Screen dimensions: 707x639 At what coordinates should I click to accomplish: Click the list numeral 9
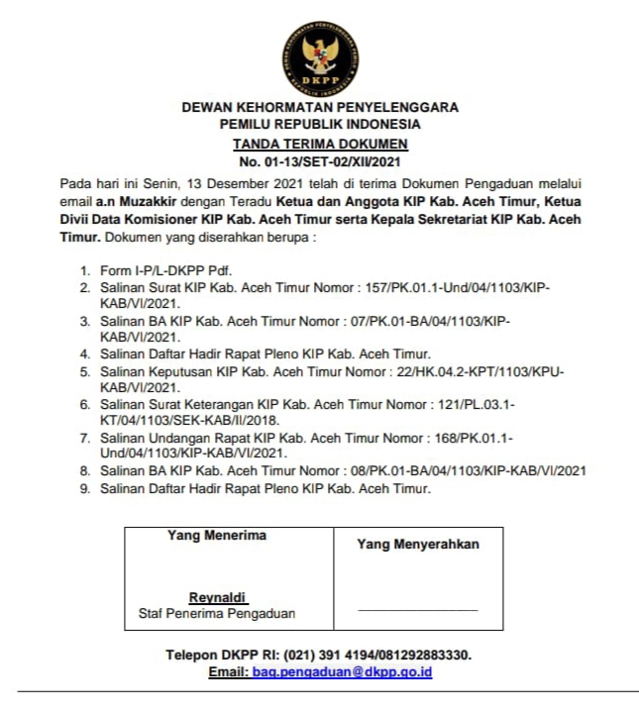85,487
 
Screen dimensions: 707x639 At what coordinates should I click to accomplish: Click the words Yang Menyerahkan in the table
417,545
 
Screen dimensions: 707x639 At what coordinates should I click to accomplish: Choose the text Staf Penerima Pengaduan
217,614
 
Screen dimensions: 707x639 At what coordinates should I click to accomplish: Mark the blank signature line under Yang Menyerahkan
417,609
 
